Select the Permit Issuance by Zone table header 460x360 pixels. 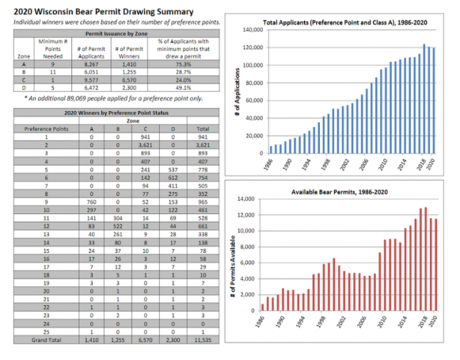[x=118, y=34]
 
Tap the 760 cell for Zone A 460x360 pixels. [x=91, y=202]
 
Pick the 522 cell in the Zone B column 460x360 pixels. [x=118, y=225]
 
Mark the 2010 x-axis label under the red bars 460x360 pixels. [x=381, y=324]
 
